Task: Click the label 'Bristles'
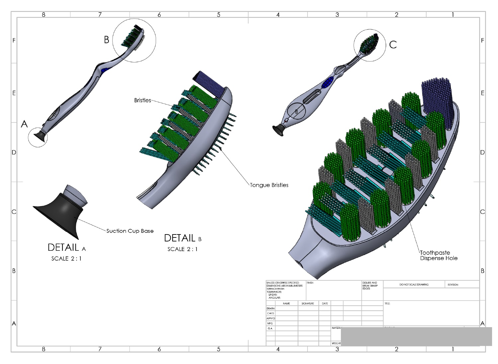pyautogui.click(x=142, y=100)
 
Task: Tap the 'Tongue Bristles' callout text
pyautogui.click(x=269, y=185)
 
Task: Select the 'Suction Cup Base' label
pyautogui.click(x=130, y=231)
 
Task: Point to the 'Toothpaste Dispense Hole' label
pyautogui.click(x=439, y=255)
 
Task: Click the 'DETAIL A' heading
pyautogui.click(x=66, y=248)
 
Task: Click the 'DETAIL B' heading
pyautogui.click(x=182, y=238)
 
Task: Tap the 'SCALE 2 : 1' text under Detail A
pyautogui.click(x=66, y=258)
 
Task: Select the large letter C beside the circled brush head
pyautogui.click(x=393, y=45)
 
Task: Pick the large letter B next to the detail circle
pyautogui.click(x=106, y=40)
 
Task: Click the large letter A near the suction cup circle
pyautogui.click(x=24, y=124)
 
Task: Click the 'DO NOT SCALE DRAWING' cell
pyautogui.click(x=414, y=285)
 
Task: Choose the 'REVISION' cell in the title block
pyautogui.click(x=453, y=285)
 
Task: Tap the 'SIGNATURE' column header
pyautogui.click(x=307, y=304)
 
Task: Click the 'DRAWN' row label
pyautogui.click(x=271, y=309)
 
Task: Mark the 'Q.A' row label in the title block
pyautogui.click(x=270, y=328)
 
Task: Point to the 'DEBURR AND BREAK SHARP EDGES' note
pyautogui.click(x=370, y=286)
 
